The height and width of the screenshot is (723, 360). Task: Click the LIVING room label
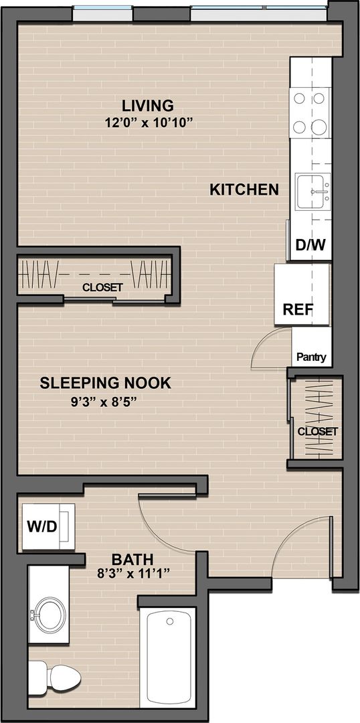[147, 105]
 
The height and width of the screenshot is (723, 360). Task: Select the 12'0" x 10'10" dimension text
[147, 123]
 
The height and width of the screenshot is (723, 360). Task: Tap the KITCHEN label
[244, 189]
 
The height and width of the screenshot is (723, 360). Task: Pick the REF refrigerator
[302, 294]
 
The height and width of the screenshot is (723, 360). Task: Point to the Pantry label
[311, 356]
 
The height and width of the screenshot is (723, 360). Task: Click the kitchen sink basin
[313, 191]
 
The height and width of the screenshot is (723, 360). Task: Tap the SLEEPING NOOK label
[105, 383]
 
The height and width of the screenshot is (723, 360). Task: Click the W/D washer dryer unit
[48, 526]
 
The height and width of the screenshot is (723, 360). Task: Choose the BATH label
[132, 560]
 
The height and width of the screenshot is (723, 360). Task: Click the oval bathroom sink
[50, 614]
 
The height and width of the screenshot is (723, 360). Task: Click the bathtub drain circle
[170, 621]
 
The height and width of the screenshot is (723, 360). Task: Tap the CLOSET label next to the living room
[102, 287]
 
